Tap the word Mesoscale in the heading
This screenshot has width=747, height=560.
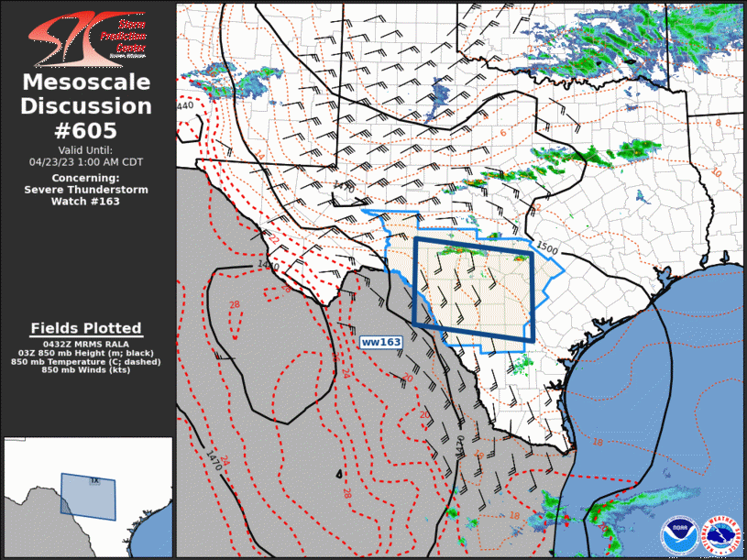(x=86, y=83)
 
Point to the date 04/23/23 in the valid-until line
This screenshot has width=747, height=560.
(x=54, y=161)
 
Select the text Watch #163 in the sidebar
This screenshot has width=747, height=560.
(x=86, y=202)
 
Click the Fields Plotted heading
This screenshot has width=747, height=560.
(x=86, y=328)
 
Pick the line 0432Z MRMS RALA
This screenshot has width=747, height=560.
(x=86, y=343)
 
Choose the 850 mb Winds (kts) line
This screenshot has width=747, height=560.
(x=86, y=369)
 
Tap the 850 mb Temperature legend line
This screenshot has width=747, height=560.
(x=86, y=361)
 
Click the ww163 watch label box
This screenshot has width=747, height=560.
(x=381, y=342)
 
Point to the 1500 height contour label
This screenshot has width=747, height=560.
(x=546, y=247)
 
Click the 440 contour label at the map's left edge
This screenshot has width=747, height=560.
(x=185, y=105)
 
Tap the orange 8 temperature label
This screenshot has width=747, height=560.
(x=718, y=122)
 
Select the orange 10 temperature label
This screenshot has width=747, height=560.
(x=715, y=171)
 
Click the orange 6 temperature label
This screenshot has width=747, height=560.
(x=503, y=133)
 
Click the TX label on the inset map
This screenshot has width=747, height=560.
(x=93, y=480)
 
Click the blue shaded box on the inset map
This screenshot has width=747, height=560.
(x=88, y=496)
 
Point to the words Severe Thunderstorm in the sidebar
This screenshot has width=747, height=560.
(x=86, y=190)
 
